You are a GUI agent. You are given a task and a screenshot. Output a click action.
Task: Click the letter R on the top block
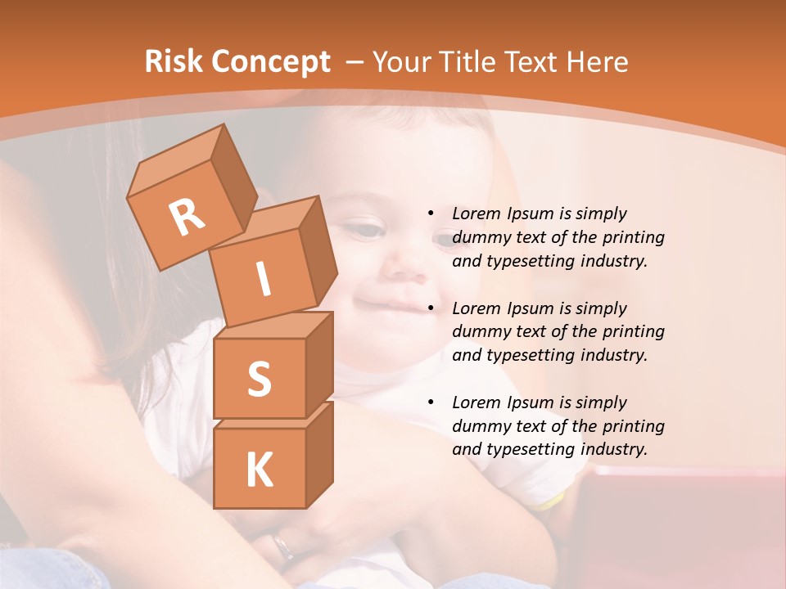(187, 218)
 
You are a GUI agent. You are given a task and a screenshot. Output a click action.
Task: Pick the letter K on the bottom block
(259, 470)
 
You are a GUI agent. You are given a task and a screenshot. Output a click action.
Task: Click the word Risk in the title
(173, 61)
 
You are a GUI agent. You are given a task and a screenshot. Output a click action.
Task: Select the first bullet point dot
(431, 214)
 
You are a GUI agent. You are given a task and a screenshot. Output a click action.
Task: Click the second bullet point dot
(431, 308)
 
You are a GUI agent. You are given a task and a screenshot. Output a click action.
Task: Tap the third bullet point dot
(431, 402)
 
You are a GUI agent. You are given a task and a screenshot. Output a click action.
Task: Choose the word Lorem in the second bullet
(473, 308)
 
